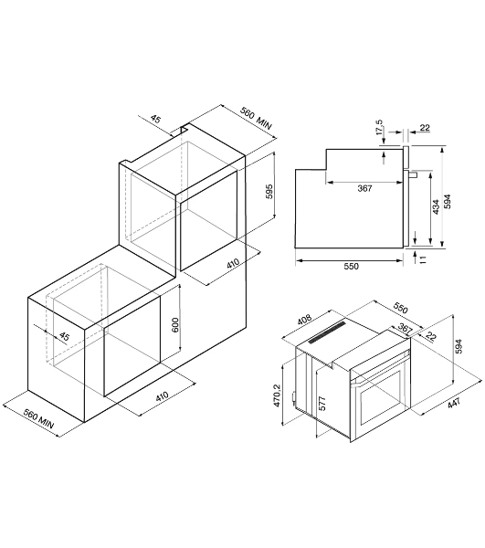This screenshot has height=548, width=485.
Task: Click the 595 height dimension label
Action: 269,191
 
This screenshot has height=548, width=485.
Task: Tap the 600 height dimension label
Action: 175,325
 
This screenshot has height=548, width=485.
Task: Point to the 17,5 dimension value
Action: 379,127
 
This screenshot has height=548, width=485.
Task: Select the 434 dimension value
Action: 436,207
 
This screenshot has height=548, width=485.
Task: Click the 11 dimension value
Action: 423,259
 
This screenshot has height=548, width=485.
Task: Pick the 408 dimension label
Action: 304,319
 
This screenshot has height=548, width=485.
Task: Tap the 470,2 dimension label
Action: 277,395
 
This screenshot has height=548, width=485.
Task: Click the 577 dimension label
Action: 322,404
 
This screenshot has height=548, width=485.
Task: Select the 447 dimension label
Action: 454,403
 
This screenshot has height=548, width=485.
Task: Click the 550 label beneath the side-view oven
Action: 351,267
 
